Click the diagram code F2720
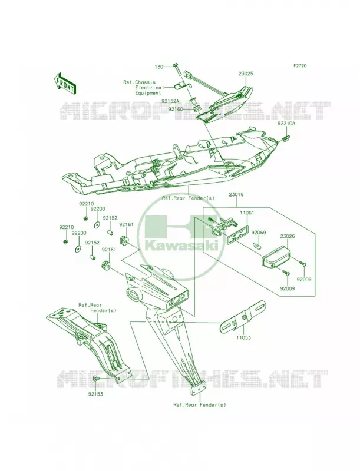coord(300,65)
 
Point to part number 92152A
coord(170,101)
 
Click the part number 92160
coord(176,109)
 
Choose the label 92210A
coord(286,123)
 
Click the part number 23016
coord(236,195)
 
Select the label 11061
coord(247,213)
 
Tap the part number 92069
coord(259,232)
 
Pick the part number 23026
coord(288,237)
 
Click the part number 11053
coord(244,337)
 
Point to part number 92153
coord(95,394)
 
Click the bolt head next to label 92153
coord(95,379)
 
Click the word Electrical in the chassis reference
coord(149,88)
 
